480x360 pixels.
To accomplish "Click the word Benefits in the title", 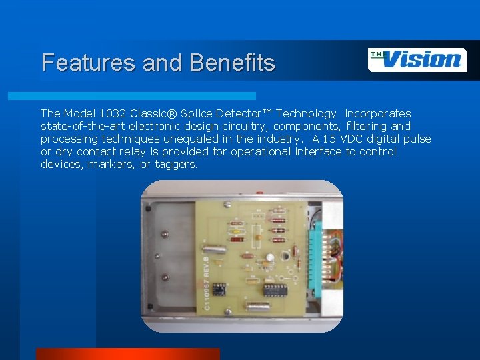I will coord(232,63).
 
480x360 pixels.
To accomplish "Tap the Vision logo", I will coord(417,60).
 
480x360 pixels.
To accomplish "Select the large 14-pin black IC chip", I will coord(273,289).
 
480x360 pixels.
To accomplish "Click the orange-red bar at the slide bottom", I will coord(127,354).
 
